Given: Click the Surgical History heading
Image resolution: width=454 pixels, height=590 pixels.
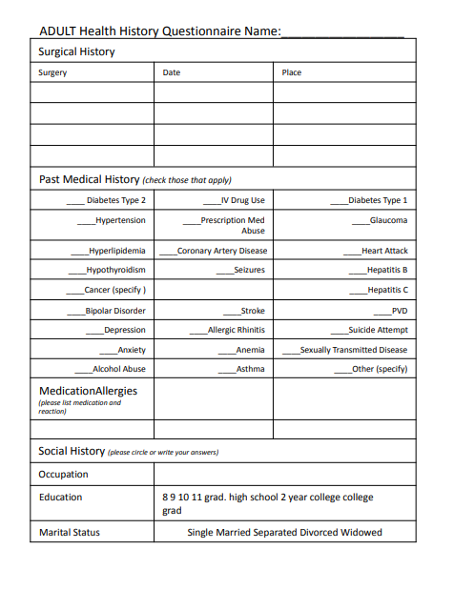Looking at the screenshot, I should click(x=76, y=51).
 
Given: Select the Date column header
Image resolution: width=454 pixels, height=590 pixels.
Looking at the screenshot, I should click(x=172, y=72).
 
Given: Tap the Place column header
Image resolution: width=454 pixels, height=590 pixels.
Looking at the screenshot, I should click(x=292, y=72).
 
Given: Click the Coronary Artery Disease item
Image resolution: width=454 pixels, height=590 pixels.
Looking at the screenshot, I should click(x=222, y=251).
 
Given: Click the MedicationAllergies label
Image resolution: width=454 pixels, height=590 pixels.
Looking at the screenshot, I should click(x=88, y=391).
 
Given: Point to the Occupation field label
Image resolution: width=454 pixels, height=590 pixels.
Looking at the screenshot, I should click(x=63, y=474).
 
